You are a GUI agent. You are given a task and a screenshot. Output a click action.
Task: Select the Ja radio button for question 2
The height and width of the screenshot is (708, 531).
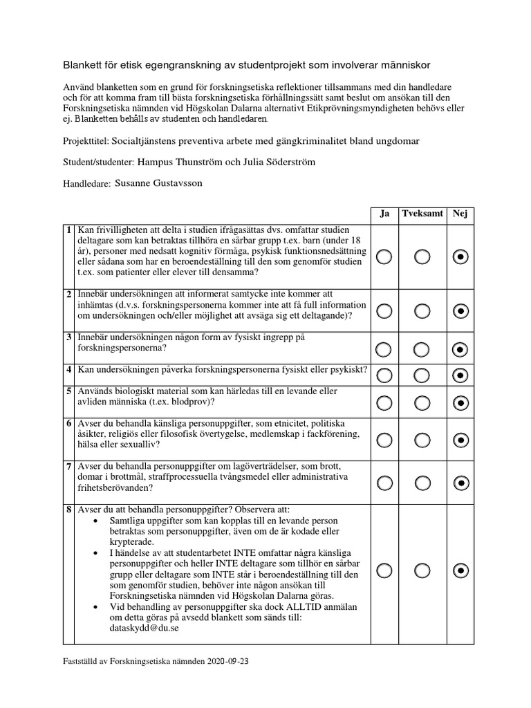tap(384, 310)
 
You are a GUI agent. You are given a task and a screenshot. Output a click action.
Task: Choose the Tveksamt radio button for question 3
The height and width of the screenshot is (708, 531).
tap(422, 349)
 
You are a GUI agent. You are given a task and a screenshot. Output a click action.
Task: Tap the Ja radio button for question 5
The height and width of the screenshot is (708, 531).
tap(384, 402)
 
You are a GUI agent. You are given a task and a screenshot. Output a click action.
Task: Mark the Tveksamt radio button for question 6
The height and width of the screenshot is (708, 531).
tap(422, 440)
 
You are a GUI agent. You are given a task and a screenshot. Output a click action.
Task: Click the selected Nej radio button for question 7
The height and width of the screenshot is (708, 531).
tap(460, 483)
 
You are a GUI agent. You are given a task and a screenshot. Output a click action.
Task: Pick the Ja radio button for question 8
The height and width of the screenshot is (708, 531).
tap(384, 570)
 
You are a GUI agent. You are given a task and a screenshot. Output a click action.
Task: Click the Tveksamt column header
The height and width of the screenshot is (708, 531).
tap(422, 214)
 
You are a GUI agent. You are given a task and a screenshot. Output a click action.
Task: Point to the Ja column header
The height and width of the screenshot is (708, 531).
tap(384, 214)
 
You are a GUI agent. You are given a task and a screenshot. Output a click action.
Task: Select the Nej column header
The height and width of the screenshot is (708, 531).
tap(460, 214)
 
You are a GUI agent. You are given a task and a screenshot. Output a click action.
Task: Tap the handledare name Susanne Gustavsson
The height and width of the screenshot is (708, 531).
tap(159, 185)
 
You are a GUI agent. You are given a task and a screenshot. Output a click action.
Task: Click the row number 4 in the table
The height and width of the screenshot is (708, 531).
tap(68, 371)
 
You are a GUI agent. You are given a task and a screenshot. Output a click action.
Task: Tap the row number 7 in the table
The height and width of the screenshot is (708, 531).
tap(68, 467)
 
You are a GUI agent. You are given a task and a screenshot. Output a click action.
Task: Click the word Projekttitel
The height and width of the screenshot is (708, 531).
tap(83, 142)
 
